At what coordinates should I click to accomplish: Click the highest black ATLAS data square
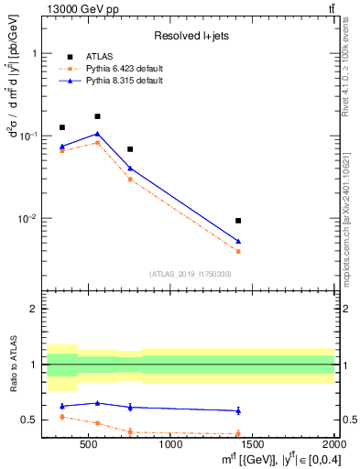pyautogui.click(x=97, y=116)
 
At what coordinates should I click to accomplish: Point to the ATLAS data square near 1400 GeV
pyautogui.click(x=238, y=221)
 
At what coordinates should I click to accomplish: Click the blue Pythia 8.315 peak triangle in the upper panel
pyautogui.click(x=97, y=134)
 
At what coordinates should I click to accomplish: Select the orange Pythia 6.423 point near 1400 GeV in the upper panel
pyautogui.click(x=238, y=251)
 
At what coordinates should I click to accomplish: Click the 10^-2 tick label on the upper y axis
pyautogui.click(x=28, y=219)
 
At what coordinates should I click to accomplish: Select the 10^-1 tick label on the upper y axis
pyautogui.click(x=28, y=136)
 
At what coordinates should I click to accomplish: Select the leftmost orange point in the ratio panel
pyautogui.click(x=62, y=417)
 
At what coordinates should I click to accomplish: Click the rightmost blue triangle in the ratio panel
pyautogui.click(x=238, y=410)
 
